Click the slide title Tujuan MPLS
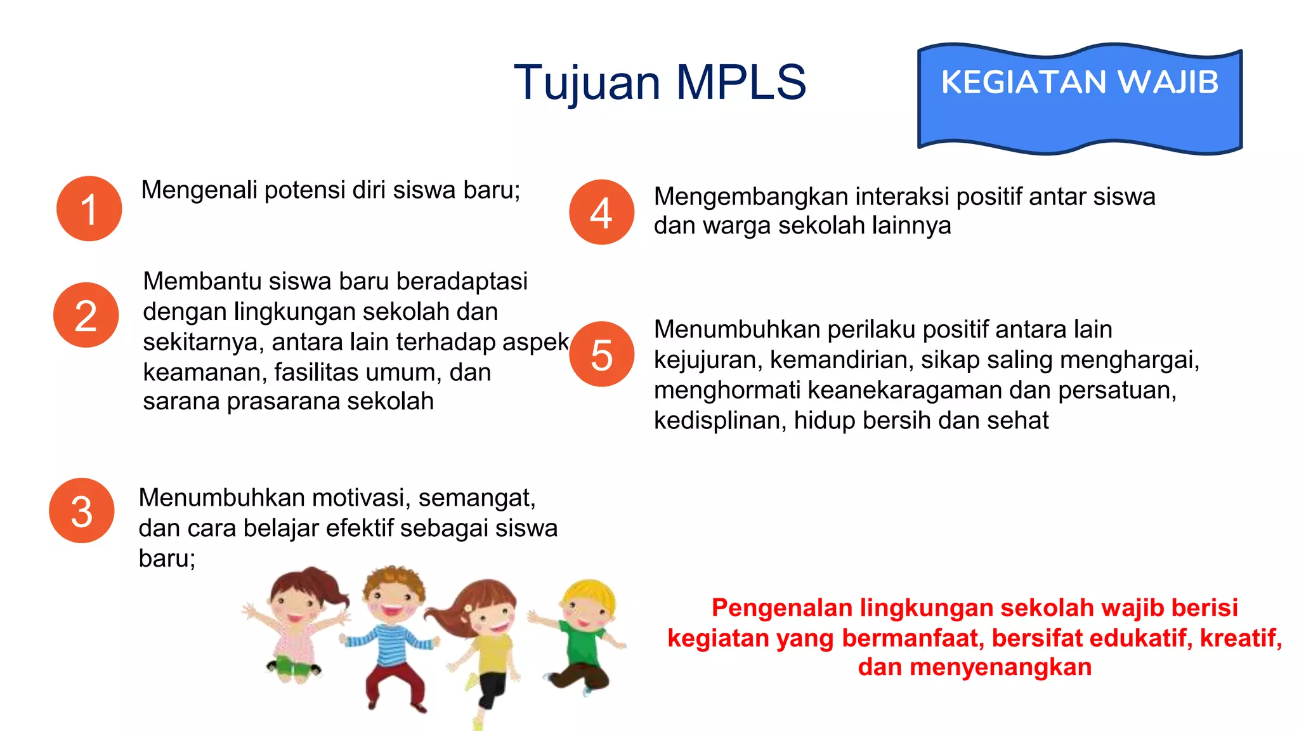pyautogui.click(x=660, y=82)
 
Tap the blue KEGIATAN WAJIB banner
pyautogui.click(x=1080, y=98)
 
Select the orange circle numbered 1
pyautogui.click(x=89, y=209)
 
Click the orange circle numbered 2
pyautogui.click(x=86, y=315)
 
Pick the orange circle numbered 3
pyautogui.click(x=82, y=511)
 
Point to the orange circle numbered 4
pyautogui.click(x=601, y=212)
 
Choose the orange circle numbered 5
pyautogui.click(x=601, y=354)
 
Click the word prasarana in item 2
pyautogui.click(x=286, y=402)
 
